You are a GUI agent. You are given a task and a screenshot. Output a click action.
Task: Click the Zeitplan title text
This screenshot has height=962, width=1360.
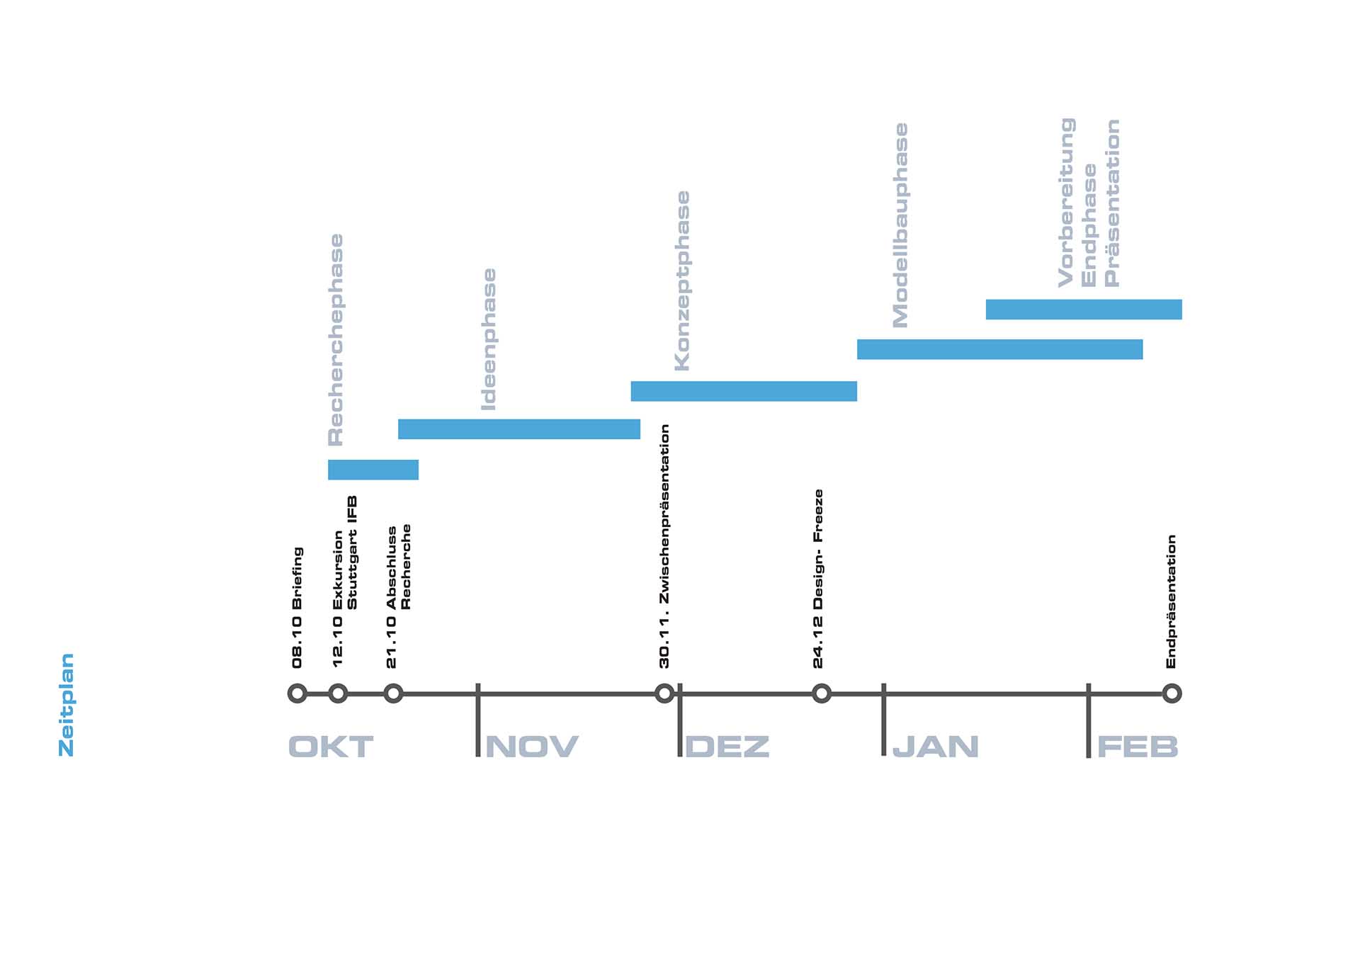(x=66, y=705)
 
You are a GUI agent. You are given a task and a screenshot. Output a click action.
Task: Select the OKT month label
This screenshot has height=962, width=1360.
(x=331, y=747)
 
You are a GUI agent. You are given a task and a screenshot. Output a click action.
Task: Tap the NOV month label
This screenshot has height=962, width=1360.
(x=532, y=747)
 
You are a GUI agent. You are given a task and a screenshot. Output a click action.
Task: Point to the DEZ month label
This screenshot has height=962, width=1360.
(x=727, y=747)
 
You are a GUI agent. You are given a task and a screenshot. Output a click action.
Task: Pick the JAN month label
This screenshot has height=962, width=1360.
(x=936, y=747)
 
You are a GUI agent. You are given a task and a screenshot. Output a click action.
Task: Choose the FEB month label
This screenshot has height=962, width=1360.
(x=1138, y=747)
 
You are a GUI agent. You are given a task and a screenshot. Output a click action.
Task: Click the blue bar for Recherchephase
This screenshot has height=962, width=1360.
(x=373, y=470)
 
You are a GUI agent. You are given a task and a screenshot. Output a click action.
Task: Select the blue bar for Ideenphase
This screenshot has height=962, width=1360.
(x=519, y=429)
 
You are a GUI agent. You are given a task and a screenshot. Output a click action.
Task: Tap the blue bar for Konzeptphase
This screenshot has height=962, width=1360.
(x=744, y=391)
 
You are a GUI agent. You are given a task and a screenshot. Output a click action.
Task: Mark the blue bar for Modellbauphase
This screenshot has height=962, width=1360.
(x=999, y=349)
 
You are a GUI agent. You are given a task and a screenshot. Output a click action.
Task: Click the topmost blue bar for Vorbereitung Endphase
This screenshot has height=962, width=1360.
(x=1084, y=310)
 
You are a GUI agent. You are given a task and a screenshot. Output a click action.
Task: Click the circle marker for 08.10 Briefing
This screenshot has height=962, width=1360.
(x=297, y=693)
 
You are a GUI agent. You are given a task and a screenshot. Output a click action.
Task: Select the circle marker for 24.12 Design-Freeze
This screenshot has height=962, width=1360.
(x=821, y=693)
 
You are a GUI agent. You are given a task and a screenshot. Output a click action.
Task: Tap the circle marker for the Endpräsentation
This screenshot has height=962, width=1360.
(x=1172, y=693)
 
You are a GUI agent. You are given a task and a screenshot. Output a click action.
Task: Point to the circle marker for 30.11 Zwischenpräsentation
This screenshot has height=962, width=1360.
(x=664, y=693)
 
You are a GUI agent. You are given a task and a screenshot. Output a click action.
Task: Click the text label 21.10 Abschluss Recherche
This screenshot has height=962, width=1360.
(x=398, y=596)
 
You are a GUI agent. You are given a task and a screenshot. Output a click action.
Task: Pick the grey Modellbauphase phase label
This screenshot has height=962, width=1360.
(x=900, y=225)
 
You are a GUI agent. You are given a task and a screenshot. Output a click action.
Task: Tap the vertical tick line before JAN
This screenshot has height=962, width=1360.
(x=884, y=719)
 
